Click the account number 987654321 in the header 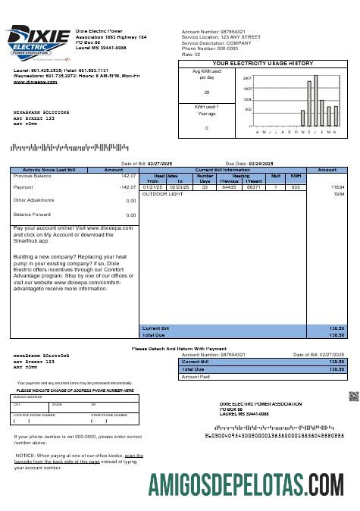[230, 31]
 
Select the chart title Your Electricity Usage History [263, 64]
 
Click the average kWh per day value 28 [206, 92]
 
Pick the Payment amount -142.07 [126, 187]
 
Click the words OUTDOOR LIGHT [163, 193]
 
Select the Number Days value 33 [205, 187]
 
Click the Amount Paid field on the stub [261, 376]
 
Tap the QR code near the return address [352, 396]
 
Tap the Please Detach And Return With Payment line [179, 348]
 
